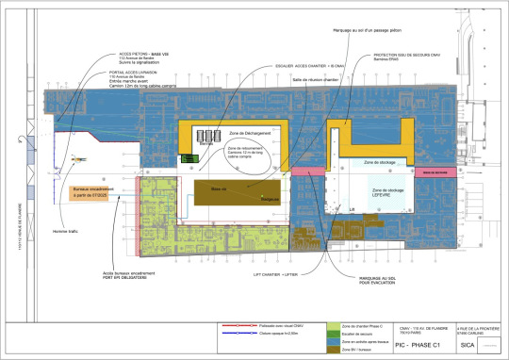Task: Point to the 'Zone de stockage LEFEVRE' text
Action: click(387, 192)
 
